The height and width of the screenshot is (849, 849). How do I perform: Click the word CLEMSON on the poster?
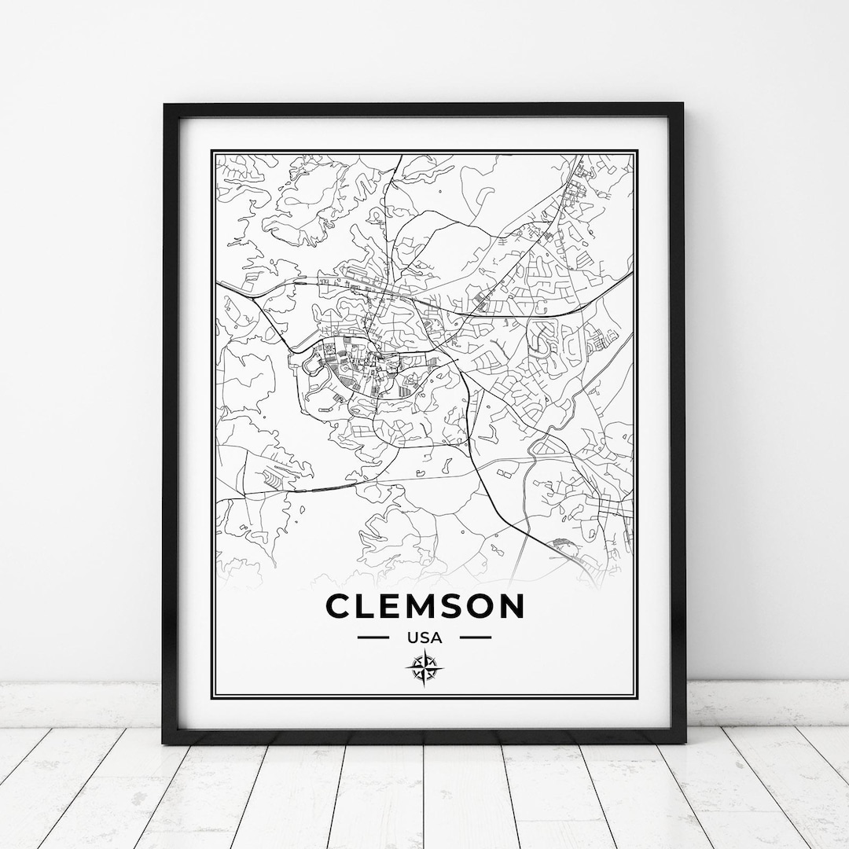(x=424, y=606)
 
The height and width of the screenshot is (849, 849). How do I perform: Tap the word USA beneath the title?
(x=424, y=638)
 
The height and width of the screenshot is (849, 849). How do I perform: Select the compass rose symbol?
(x=424, y=669)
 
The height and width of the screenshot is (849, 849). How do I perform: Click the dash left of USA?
(x=373, y=638)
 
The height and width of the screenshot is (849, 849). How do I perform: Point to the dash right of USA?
(x=476, y=638)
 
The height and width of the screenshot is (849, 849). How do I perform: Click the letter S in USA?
(x=424, y=638)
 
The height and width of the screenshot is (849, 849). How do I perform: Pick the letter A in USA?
(x=437, y=638)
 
